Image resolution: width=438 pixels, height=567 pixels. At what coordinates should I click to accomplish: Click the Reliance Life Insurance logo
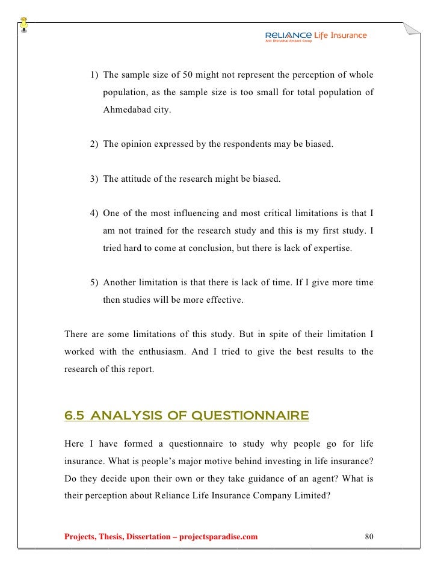315,37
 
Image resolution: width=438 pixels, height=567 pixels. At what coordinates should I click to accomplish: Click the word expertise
330,249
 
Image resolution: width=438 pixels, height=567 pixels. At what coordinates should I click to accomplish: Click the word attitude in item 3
136,179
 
